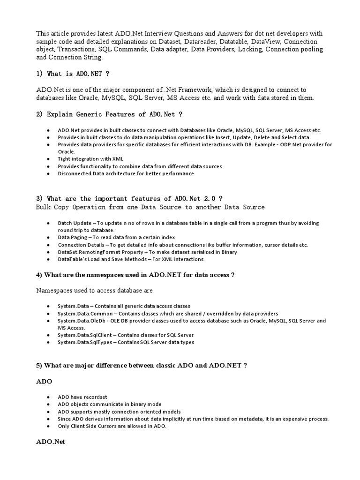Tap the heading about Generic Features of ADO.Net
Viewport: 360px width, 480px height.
click(109, 114)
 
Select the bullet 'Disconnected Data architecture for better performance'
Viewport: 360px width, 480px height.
click(126, 173)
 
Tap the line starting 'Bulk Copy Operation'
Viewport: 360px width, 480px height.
click(150, 207)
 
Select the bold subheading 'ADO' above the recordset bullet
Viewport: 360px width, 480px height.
click(44, 382)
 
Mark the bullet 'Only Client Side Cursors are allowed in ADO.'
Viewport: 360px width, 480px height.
click(112, 426)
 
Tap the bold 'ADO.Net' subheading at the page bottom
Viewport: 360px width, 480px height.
click(50, 442)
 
